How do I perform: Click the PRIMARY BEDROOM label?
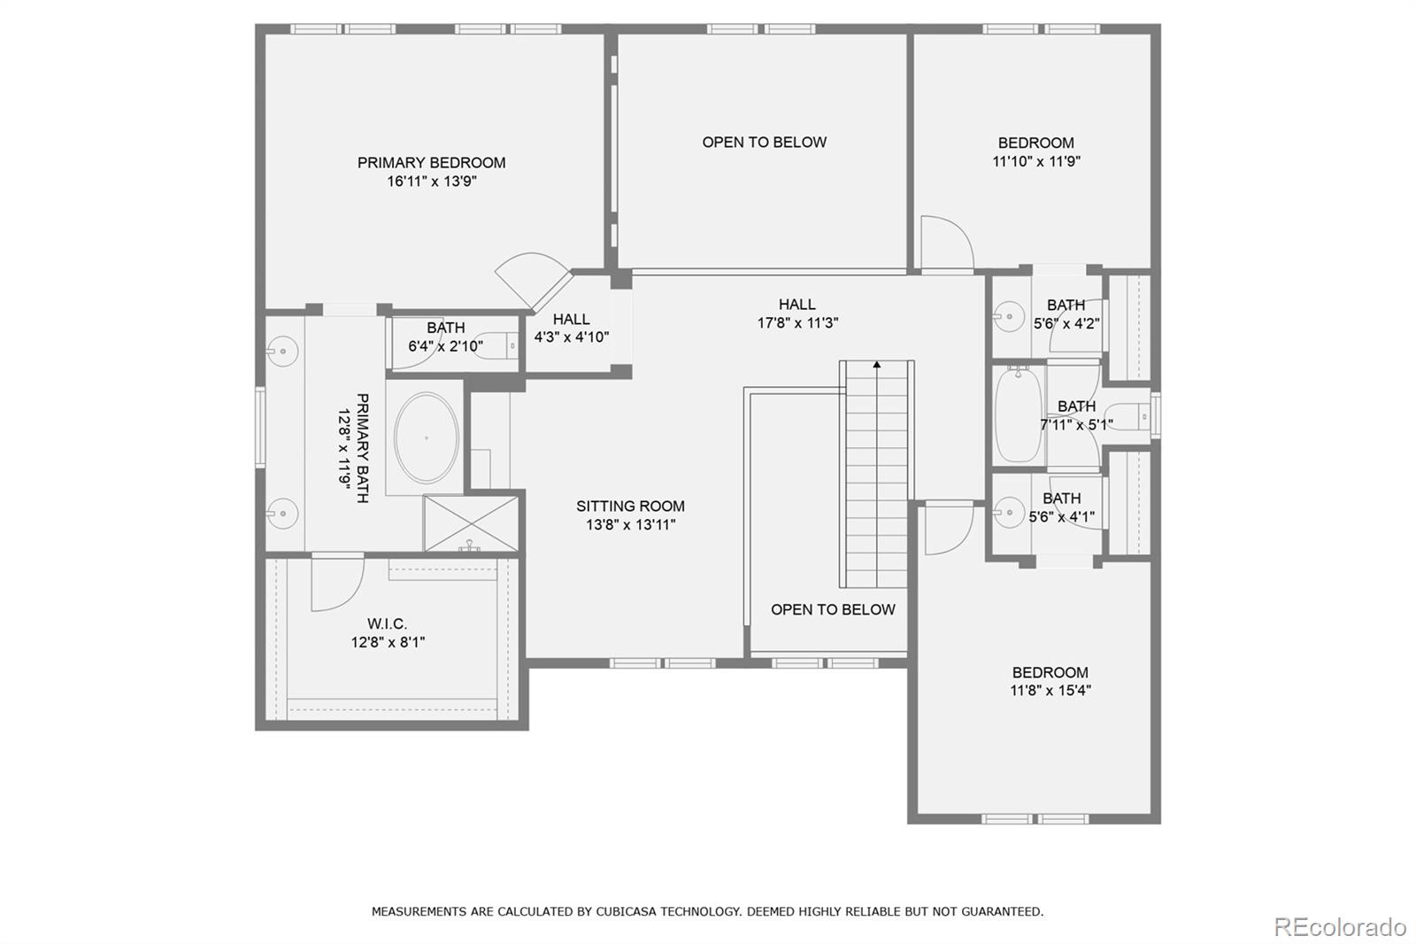click(x=431, y=163)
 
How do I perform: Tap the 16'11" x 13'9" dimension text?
click(x=431, y=182)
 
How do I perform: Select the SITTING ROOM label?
click(x=630, y=507)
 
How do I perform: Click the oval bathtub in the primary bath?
click(x=427, y=438)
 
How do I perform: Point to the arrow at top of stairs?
click(x=877, y=364)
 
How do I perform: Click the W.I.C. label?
click(x=388, y=624)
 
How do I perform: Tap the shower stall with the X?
click(x=471, y=522)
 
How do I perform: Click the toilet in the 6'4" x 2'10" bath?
click(x=508, y=344)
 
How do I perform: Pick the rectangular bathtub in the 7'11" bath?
click(x=1018, y=415)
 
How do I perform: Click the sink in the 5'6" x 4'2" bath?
click(x=1006, y=314)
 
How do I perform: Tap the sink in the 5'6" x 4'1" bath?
click(x=1006, y=512)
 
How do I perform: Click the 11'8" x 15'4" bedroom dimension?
click(x=1050, y=691)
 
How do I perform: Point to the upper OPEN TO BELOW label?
click(x=764, y=143)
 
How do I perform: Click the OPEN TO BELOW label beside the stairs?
click(x=833, y=609)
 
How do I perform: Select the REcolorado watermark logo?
click(x=1339, y=926)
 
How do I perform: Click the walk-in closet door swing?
click(x=336, y=583)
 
